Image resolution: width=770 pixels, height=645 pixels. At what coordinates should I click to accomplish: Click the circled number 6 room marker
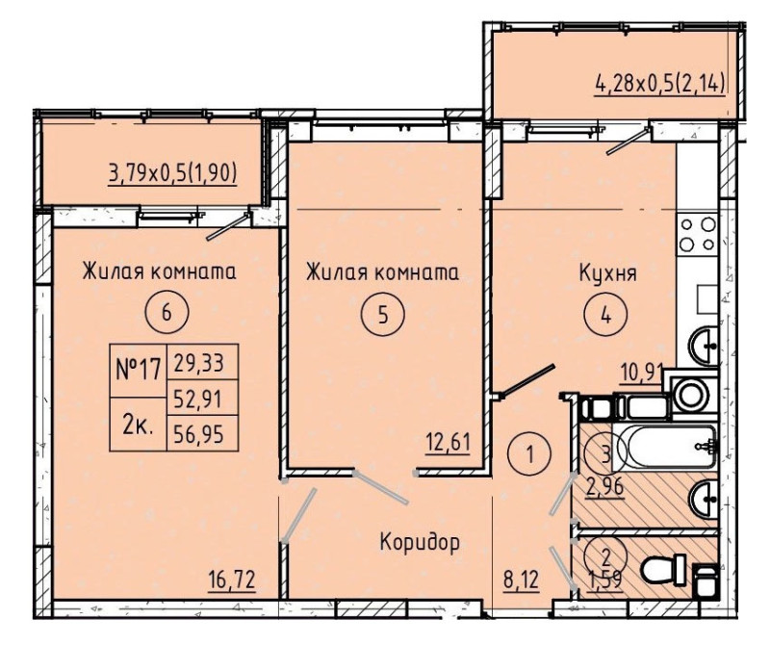point(167,313)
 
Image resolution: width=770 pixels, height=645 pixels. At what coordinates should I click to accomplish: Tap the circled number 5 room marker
point(383,314)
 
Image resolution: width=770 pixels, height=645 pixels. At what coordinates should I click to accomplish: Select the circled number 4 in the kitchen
point(605,316)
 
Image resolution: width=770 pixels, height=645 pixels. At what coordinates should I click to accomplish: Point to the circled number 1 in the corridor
point(530,454)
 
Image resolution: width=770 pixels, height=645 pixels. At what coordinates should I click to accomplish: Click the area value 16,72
point(232,580)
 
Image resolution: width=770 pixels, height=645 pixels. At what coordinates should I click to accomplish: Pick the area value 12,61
point(448,443)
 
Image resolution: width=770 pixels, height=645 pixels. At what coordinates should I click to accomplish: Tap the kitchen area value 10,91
point(641,373)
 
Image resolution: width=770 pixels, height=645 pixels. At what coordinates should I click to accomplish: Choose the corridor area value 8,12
point(521,580)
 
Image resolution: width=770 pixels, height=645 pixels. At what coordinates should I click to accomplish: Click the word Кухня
point(608,273)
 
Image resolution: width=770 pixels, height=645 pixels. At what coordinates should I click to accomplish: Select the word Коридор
point(420,542)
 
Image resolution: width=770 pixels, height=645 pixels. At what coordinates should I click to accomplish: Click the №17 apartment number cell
point(139,370)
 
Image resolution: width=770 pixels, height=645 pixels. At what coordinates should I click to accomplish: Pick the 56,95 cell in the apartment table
point(203,433)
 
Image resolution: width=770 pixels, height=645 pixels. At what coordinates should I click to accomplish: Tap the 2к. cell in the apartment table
point(139,424)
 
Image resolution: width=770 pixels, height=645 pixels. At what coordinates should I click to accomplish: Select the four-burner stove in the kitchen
point(697,234)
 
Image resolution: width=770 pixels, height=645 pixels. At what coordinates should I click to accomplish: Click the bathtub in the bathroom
point(666,447)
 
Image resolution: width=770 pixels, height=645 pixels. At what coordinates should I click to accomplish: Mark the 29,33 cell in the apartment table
point(203,363)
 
